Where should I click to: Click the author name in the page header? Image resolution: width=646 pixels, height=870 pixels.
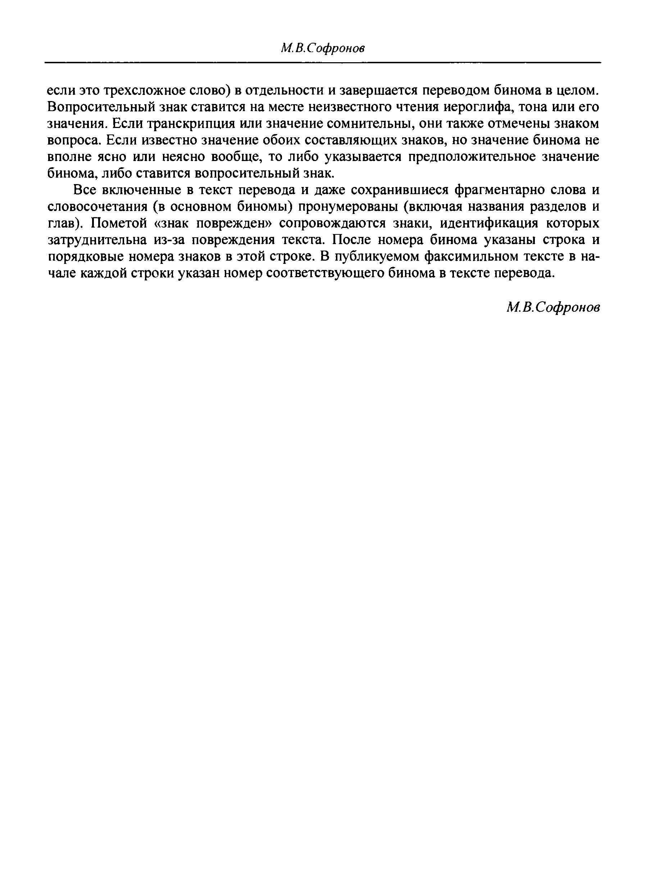coord(323,49)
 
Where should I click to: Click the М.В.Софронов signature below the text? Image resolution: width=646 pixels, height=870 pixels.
coord(553,308)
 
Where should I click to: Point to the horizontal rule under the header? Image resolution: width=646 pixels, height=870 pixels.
coord(323,63)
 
